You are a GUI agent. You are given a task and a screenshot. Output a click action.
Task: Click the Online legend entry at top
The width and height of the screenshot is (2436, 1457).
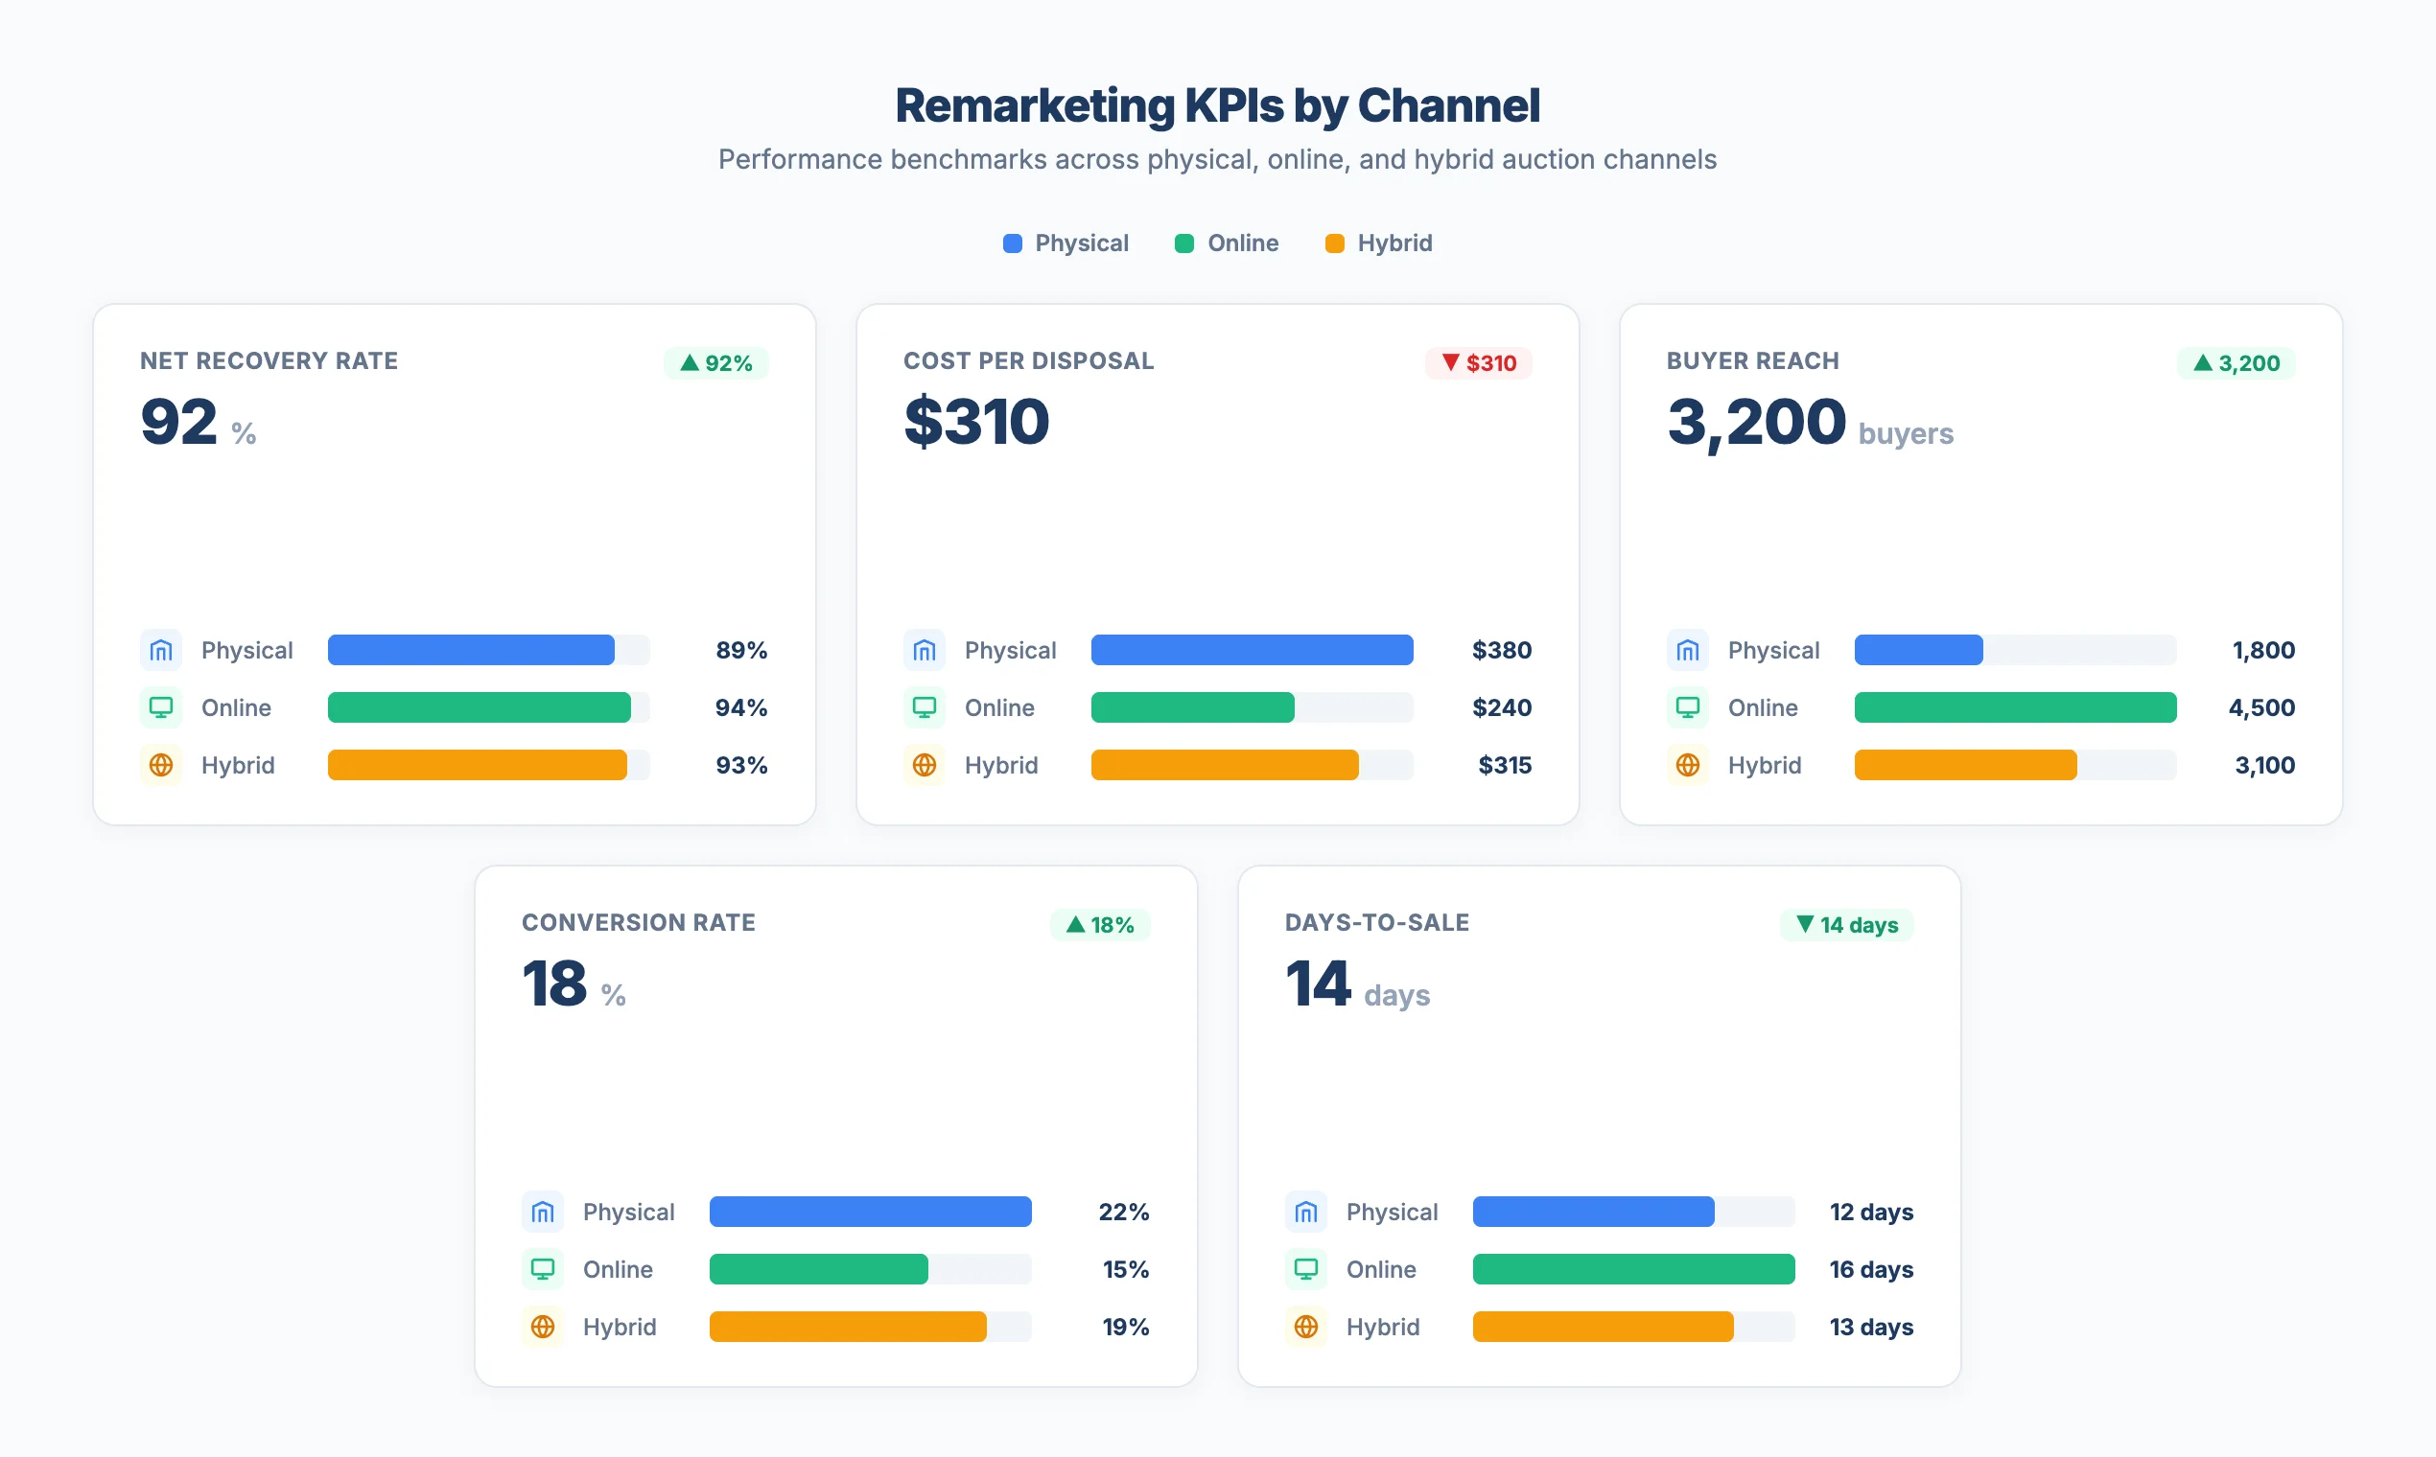(x=1227, y=243)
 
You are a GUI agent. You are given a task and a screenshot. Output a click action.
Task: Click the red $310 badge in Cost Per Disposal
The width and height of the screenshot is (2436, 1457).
(x=1478, y=363)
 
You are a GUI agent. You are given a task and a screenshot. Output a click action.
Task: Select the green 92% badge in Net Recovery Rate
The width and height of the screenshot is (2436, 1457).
(x=716, y=363)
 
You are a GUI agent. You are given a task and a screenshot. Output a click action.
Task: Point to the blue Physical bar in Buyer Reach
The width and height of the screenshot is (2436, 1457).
(x=1918, y=650)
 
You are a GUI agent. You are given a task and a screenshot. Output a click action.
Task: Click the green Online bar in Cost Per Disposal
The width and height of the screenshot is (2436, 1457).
(x=1192, y=707)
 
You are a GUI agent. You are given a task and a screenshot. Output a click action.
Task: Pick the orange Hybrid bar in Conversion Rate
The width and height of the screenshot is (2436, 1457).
(x=848, y=1327)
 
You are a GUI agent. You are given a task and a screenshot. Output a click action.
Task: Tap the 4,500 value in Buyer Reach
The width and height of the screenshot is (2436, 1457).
(x=2261, y=707)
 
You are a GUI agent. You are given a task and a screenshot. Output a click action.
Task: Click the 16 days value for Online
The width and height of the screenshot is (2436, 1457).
(x=1870, y=1269)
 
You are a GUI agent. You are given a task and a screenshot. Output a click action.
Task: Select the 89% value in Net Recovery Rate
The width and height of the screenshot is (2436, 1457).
(x=740, y=650)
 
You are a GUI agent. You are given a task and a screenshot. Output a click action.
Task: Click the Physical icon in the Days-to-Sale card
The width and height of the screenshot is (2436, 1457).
(x=1305, y=1213)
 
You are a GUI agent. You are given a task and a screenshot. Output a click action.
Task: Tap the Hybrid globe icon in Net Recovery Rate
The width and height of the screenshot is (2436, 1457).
(x=161, y=765)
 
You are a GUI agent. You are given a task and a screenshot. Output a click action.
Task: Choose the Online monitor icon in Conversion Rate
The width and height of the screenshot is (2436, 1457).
(x=542, y=1269)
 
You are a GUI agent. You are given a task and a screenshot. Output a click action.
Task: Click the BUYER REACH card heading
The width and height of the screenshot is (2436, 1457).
(x=1752, y=361)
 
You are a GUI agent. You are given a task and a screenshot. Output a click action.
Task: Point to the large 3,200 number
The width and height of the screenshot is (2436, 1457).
(x=1756, y=422)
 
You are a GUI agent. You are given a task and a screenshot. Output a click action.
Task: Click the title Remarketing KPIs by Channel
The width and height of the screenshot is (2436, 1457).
(x=1217, y=105)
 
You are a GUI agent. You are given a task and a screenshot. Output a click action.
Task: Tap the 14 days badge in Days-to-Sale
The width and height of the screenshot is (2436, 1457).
(x=1846, y=925)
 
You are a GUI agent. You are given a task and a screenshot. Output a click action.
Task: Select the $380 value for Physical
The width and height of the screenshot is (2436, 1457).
(x=1501, y=650)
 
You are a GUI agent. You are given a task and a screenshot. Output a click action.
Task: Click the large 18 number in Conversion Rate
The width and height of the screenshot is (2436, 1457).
(x=554, y=983)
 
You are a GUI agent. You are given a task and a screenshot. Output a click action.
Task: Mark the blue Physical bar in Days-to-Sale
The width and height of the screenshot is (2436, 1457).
(x=1593, y=1213)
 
